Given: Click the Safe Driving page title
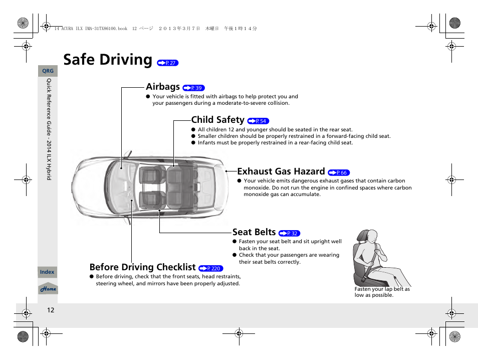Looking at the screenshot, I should point(108,60).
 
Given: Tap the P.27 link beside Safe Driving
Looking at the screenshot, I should point(167,63).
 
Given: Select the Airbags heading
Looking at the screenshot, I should point(163,87).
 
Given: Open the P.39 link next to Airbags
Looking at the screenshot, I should point(194,88).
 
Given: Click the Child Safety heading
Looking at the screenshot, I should point(217,120).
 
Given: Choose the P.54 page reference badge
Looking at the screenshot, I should point(258,121).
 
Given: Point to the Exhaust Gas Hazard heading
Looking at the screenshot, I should point(281,171).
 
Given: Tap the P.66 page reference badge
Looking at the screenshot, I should point(339,173).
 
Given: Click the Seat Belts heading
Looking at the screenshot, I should point(254,232).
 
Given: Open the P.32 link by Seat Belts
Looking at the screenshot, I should point(289,234).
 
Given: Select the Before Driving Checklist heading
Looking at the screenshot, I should point(142,267).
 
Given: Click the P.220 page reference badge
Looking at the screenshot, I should point(211,269).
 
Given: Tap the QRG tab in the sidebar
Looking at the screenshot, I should point(48,71).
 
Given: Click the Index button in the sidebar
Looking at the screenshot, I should point(47,272).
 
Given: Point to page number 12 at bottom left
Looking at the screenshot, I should point(51,310).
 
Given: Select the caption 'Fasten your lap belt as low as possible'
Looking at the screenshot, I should point(382,292).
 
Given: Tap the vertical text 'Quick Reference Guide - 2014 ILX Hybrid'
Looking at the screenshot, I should point(49,129).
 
